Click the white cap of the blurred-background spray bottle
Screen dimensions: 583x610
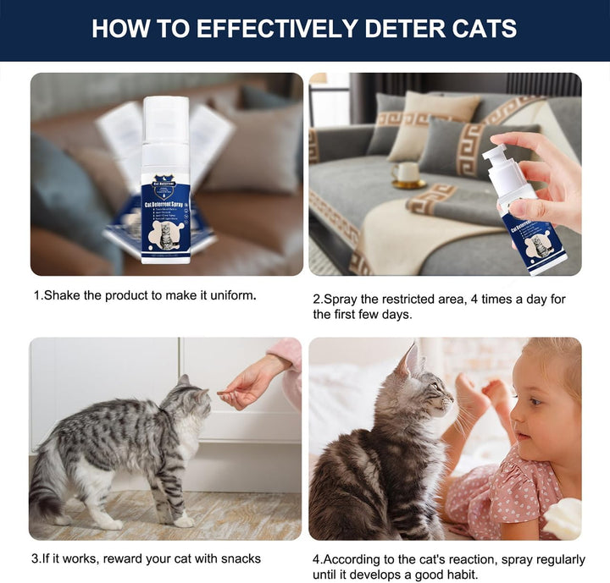(165, 116)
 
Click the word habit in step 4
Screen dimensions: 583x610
(457, 575)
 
